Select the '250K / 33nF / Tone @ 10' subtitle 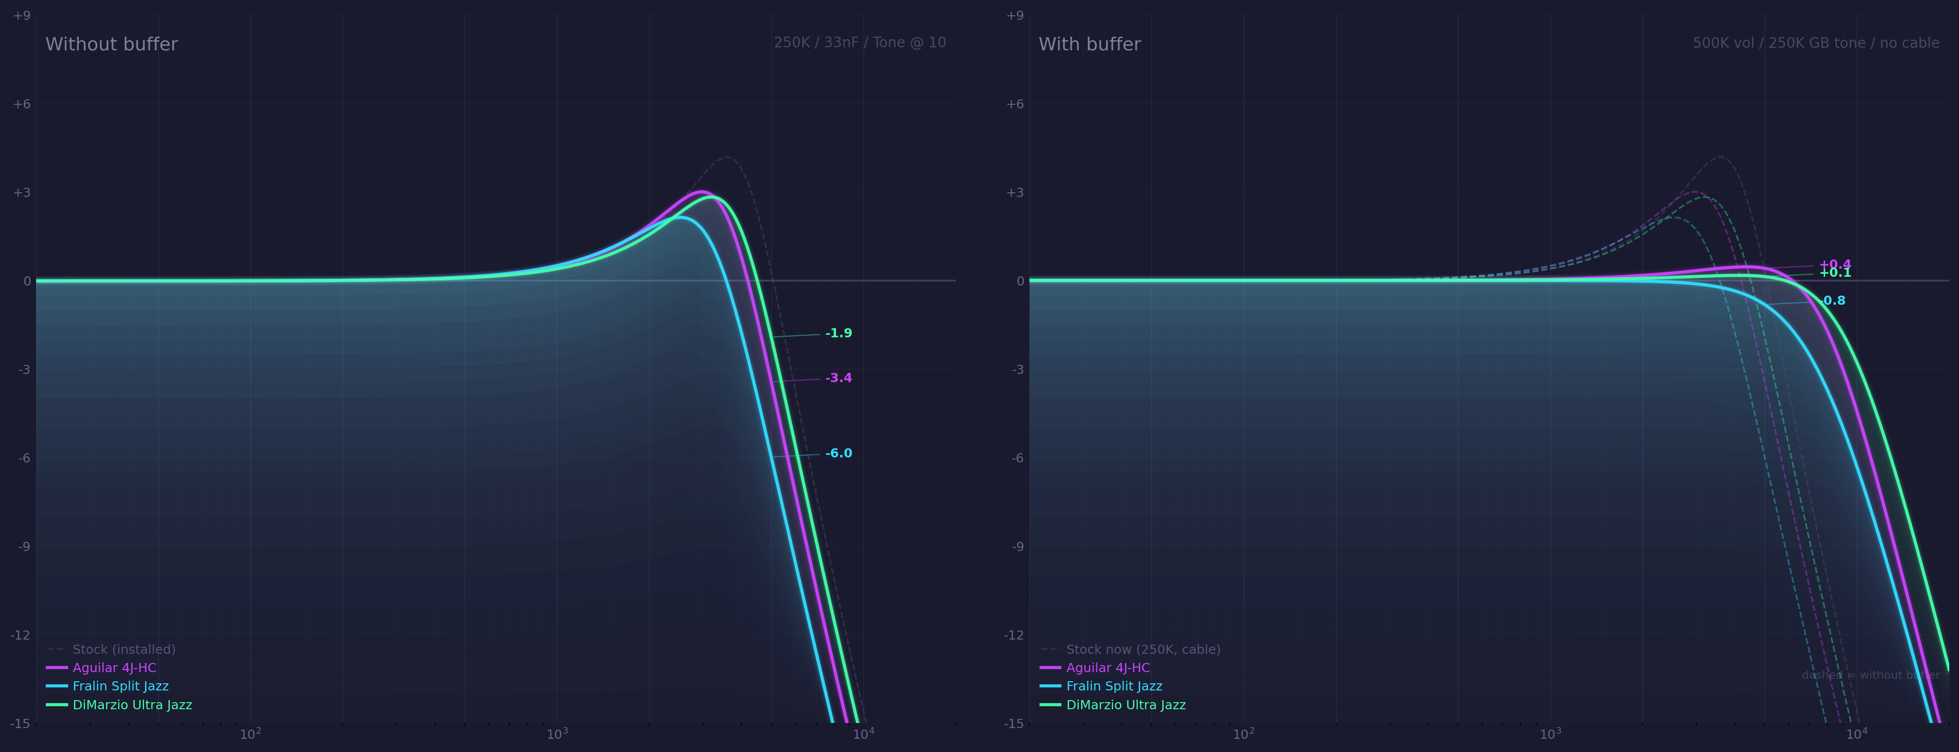(x=859, y=43)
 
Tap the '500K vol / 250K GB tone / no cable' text (x=1816, y=43)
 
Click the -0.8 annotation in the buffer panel (x=1833, y=300)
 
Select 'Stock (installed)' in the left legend (x=123, y=649)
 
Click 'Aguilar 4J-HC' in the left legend (x=114, y=668)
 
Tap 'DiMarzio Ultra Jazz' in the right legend (x=1126, y=705)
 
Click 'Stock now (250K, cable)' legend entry (x=1142, y=649)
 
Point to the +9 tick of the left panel (x=22, y=15)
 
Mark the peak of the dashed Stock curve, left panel (x=727, y=157)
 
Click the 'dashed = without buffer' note (x=1870, y=675)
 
